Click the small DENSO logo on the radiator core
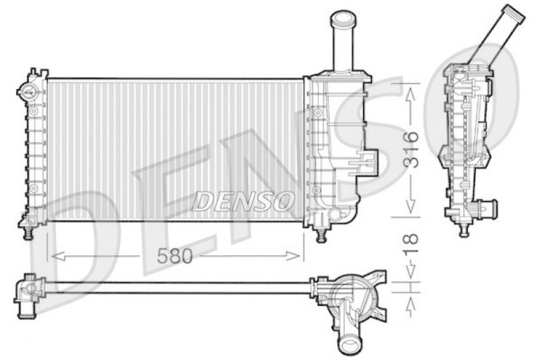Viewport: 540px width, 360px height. [x=244, y=200]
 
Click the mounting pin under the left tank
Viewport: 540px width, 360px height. [x=28, y=232]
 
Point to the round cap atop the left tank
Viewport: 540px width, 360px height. [x=28, y=93]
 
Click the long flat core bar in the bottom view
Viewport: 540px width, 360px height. [x=175, y=287]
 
